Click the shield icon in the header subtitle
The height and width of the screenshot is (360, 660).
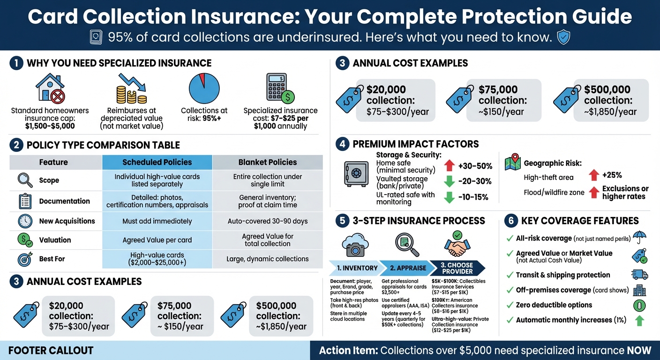(563, 37)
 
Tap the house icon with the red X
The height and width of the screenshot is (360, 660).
(50, 89)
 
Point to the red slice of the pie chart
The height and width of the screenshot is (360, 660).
(202, 80)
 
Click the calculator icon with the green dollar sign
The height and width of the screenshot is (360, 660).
(280, 88)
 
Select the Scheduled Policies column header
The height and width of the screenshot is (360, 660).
(157, 162)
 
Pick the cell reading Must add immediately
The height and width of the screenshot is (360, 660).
(157, 221)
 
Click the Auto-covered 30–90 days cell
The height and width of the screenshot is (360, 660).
(268, 221)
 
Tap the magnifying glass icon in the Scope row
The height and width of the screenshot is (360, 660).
(25, 180)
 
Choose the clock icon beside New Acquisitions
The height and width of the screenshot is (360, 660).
(25, 221)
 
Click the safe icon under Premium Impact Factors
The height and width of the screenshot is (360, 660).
(356, 174)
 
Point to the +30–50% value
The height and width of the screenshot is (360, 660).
(475, 166)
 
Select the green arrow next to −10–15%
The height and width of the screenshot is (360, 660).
(450, 197)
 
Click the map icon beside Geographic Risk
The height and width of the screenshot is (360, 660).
(513, 162)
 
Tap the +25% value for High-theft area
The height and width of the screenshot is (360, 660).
(612, 175)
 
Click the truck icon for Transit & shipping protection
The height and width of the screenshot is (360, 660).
(639, 275)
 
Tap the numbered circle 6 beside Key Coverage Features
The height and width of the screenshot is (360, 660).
(511, 221)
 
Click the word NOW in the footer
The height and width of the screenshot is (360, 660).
(639, 350)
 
